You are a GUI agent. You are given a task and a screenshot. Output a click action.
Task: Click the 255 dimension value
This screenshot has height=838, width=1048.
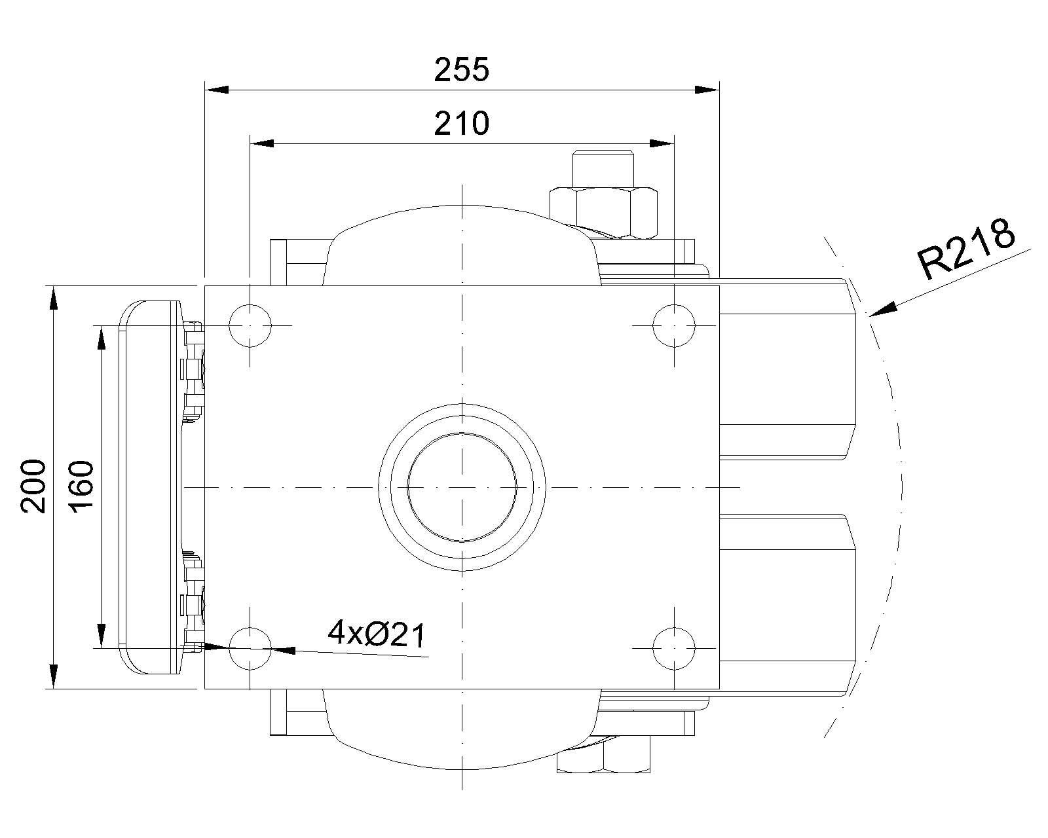coord(461,69)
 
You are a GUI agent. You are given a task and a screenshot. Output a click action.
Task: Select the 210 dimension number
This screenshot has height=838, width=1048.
coord(461,123)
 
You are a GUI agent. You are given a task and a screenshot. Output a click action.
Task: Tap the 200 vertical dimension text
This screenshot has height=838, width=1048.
coord(33,486)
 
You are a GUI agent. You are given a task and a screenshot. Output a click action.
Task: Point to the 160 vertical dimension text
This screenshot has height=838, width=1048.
coord(81,486)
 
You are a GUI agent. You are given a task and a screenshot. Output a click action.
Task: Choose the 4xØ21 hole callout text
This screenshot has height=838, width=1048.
coord(377,634)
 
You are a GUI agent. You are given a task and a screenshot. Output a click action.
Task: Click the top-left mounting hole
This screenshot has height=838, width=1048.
coord(250,325)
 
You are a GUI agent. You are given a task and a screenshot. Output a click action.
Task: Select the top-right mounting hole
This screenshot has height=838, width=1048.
coord(674,325)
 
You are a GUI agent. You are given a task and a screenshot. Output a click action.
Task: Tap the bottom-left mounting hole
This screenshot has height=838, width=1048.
coord(250,649)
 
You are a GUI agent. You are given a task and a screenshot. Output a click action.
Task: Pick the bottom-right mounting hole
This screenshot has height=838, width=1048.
coord(674,649)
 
